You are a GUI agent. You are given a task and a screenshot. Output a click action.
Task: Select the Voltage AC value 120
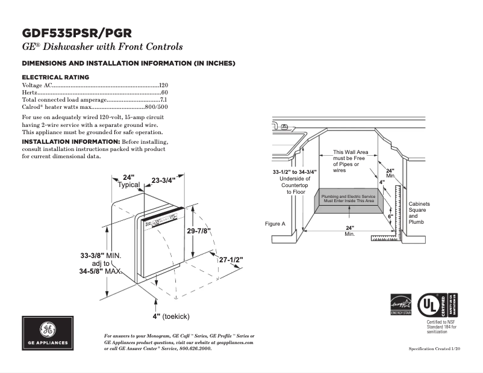tap(163, 85)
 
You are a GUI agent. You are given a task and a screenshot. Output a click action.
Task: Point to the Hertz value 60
tap(164, 93)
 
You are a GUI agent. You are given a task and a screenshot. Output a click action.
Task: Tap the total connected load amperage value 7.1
tap(164, 99)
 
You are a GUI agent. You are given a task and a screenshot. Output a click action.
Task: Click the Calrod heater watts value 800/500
tap(157, 106)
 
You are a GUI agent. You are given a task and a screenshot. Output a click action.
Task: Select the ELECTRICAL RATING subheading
tap(55, 77)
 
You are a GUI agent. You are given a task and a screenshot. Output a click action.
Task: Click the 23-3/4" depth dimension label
tap(163, 180)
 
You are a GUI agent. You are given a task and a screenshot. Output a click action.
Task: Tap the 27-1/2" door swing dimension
tap(231, 260)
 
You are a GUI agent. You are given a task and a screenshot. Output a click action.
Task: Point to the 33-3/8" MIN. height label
tap(101, 256)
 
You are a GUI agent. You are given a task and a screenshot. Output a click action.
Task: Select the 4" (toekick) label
tap(171, 316)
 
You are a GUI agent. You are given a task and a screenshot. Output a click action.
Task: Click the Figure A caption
tap(275, 224)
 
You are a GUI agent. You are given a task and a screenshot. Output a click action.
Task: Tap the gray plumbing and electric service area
tap(347, 199)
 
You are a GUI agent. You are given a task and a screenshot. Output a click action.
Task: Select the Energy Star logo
tap(400, 304)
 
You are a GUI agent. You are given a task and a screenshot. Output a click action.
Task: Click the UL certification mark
tap(433, 304)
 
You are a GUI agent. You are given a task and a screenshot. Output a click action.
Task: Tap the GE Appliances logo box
tap(48, 333)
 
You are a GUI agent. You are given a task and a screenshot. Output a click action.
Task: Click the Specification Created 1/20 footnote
tap(434, 349)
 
